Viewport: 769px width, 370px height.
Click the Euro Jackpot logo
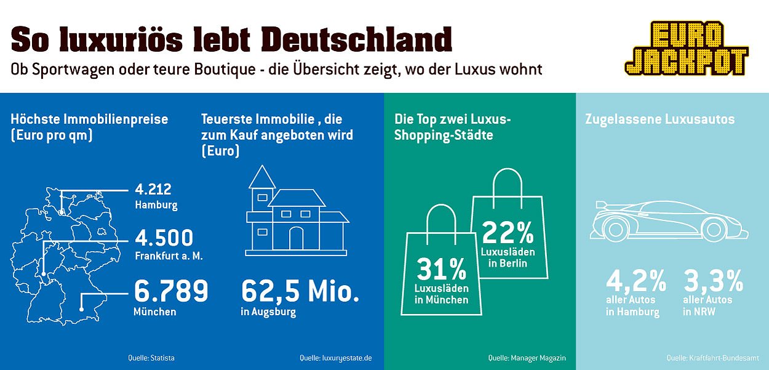pyautogui.click(x=686, y=48)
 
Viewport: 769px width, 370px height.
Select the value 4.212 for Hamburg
pyautogui.click(x=153, y=189)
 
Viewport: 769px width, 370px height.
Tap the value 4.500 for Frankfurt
pyautogui.click(x=164, y=238)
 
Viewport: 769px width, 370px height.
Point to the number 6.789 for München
pyautogui.click(x=171, y=291)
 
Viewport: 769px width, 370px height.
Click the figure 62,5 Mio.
pyautogui.click(x=300, y=291)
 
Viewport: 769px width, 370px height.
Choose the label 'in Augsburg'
pyautogui.click(x=268, y=312)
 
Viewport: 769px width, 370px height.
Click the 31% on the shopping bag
pyautogui.click(x=441, y=270)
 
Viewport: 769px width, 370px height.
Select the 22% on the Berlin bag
pyautogui.click(x=508, y=232)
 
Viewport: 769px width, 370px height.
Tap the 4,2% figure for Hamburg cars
pyautogui.click(x=636, y=281)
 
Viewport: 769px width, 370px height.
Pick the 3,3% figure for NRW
pyautogui.click(x=714, y=281)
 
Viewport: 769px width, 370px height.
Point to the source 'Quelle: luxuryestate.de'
pyautogui.click(x=336, y=358)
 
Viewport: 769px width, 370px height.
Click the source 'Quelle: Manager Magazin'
pyautogui.click(x=527, y=358)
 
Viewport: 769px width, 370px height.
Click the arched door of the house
pyautogui.click(x=297, y=238)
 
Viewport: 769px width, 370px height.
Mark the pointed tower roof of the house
pyautogui.click(x=262, y=177)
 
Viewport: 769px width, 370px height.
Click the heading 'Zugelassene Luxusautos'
pyautogui.click(x=659, y=119)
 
